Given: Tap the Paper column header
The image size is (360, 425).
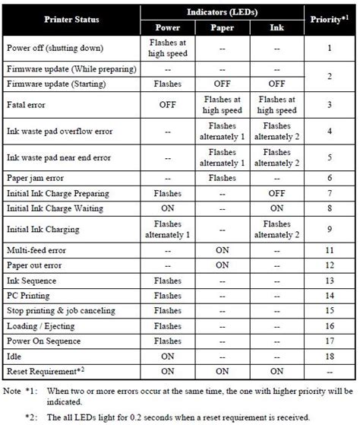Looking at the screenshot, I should (221, 28).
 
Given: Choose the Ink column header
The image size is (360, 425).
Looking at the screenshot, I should (277, 28).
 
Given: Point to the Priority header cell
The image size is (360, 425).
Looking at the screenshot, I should (330, 19).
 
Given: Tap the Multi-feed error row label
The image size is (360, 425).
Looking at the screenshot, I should (37, 249).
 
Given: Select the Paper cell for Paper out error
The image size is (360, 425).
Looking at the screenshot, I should (221, 265).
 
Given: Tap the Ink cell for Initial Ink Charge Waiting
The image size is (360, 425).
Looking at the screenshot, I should (277, 208).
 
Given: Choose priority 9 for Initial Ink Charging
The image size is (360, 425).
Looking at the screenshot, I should (330, 229).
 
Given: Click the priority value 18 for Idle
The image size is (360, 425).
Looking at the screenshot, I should (330, 356).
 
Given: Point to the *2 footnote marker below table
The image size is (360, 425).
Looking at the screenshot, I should (30, 417).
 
